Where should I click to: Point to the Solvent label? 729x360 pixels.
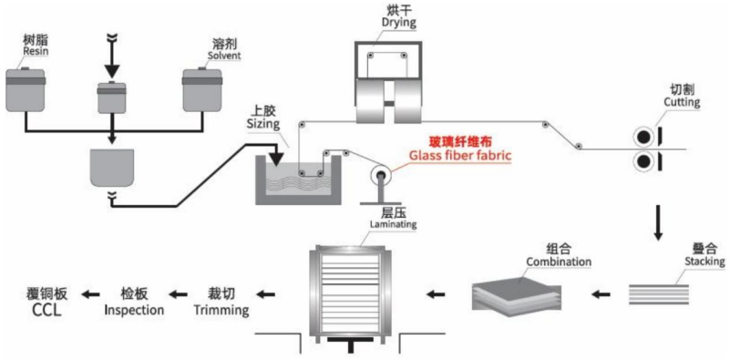coord(224,55)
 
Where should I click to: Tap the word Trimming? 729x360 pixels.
coord(221,310)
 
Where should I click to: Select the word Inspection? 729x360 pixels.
coord(134,310)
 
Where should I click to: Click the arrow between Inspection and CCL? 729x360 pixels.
coord(89,293)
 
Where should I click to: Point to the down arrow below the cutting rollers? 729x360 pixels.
coord(657,220)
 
